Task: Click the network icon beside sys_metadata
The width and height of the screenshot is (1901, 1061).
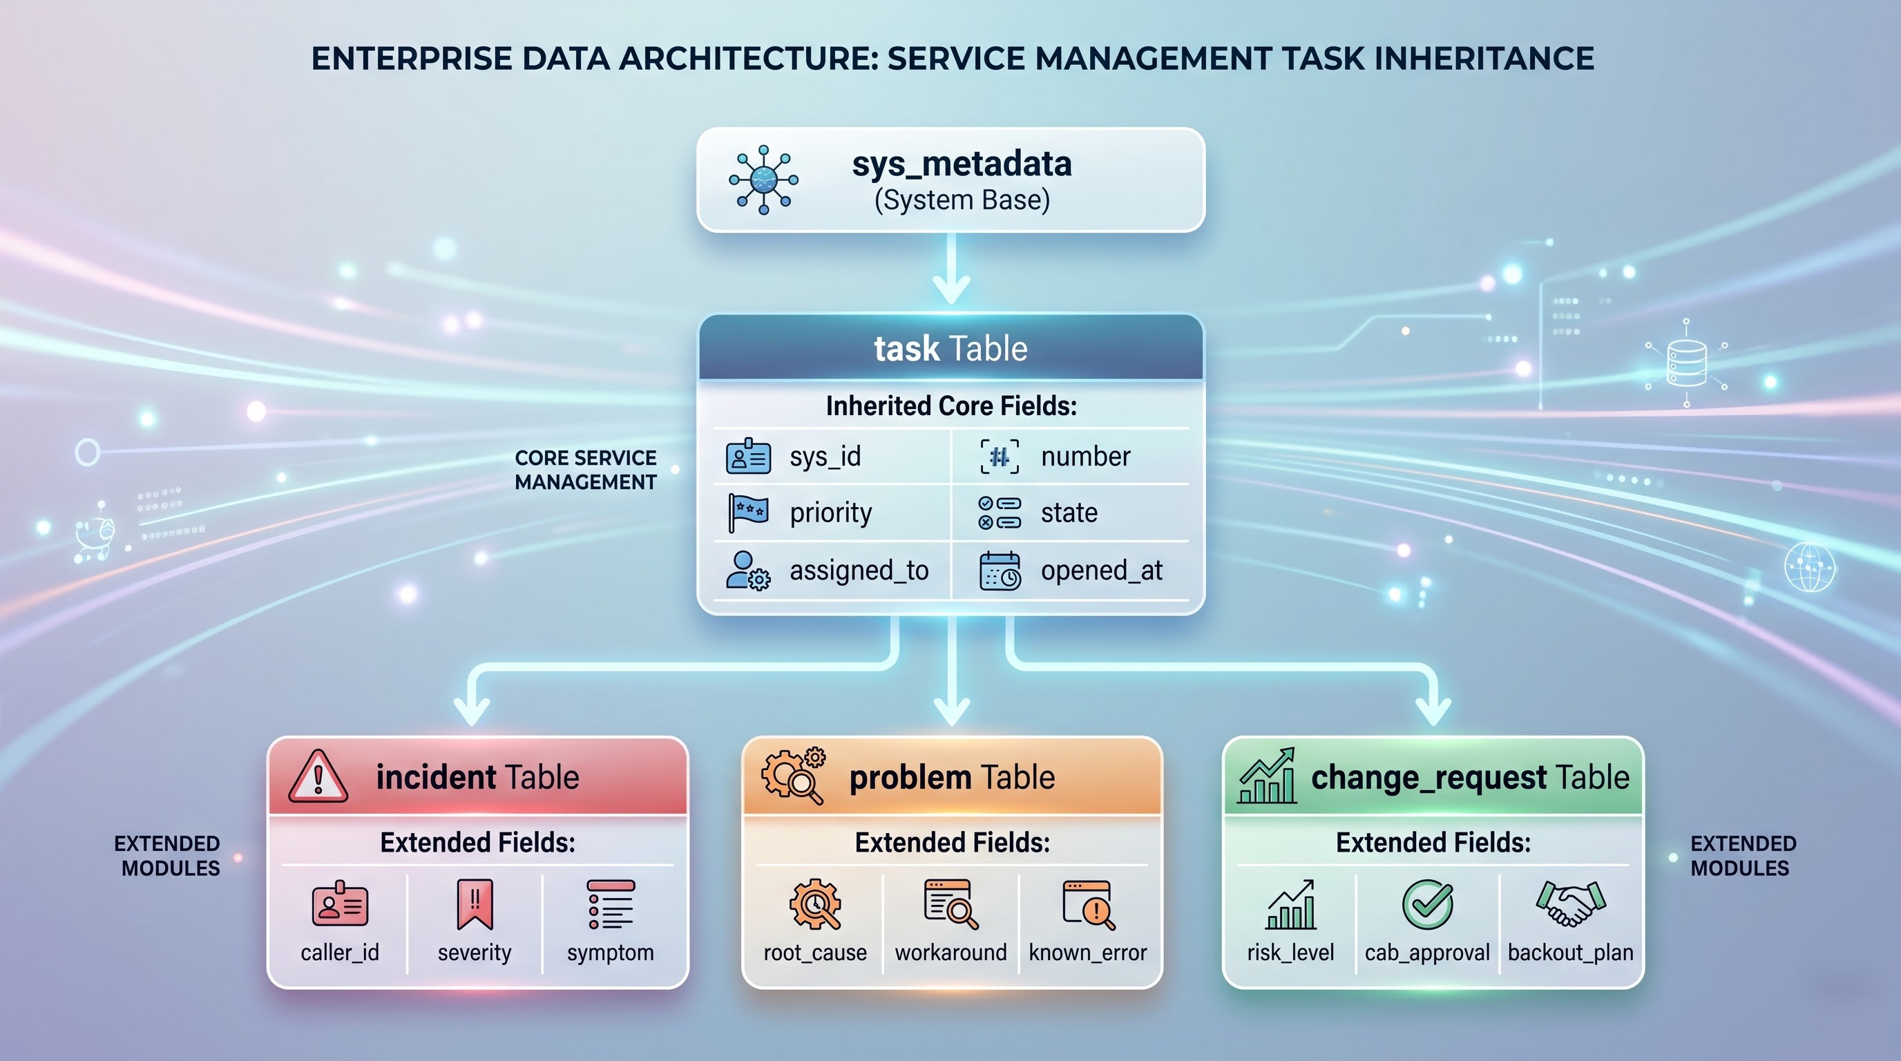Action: (763, 180)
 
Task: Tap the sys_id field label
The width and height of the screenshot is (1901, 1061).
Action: (825, 457)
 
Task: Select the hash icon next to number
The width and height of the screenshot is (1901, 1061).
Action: (1000, 457)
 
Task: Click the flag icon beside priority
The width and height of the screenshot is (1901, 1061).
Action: (748, 513)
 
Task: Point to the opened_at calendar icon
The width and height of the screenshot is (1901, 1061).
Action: (1000, 571)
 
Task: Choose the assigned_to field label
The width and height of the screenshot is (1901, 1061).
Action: (859, 571)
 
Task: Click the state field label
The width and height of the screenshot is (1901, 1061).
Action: (1069, 513)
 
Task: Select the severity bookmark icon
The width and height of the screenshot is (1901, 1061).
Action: (475, 904)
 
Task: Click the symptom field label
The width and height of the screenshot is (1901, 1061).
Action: (611, 953)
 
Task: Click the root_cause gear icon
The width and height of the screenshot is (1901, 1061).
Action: (814, 904)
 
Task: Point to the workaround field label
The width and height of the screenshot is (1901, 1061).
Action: (950, 953)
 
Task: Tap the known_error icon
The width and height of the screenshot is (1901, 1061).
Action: (1089, 905)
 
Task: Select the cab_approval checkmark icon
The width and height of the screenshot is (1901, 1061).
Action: (1427, 904)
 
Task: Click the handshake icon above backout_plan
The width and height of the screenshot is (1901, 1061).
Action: (1569, 903)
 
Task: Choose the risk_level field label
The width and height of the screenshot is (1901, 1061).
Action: (1290, 953)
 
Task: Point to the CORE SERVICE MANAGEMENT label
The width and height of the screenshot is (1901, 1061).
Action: (585, 470)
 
